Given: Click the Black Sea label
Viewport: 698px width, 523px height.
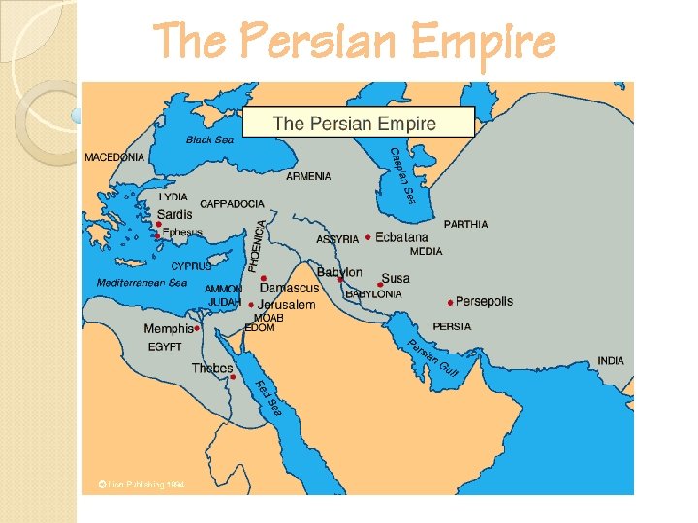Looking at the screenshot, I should [x=209, y=139].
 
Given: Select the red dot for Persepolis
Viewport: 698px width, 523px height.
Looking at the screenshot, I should [x=451, y=303].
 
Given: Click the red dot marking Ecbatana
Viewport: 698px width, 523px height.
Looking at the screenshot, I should [x=368, y=237].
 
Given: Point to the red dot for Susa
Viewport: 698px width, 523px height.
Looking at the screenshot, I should [x=380, y=285].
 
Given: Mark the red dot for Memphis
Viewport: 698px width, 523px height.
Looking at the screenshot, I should [x=197, y=328].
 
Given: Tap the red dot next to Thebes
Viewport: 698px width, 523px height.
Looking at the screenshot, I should [x=234, y=376].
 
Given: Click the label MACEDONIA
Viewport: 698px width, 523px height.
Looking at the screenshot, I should [x=115, y=157].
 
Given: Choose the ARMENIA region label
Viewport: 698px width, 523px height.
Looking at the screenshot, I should [x=308, y=176].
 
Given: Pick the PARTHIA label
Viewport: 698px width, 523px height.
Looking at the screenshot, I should [x=465, y=224].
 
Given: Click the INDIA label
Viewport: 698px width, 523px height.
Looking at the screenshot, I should [x=611, y=360].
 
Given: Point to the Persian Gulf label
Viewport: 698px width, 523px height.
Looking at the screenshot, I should [x=432, y=358].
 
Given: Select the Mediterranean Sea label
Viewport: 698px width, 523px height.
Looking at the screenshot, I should [x=142, y=283].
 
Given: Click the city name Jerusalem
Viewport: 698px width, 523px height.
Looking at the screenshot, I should [x=287, y=304].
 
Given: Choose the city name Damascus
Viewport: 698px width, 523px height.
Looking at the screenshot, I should [x=289, y=288].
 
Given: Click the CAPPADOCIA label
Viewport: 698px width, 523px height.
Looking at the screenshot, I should [x=232, y=204].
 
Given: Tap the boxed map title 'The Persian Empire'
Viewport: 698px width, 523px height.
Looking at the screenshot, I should [x=356, y=123].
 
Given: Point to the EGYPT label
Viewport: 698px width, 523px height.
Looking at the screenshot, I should [x=165, y=346].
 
